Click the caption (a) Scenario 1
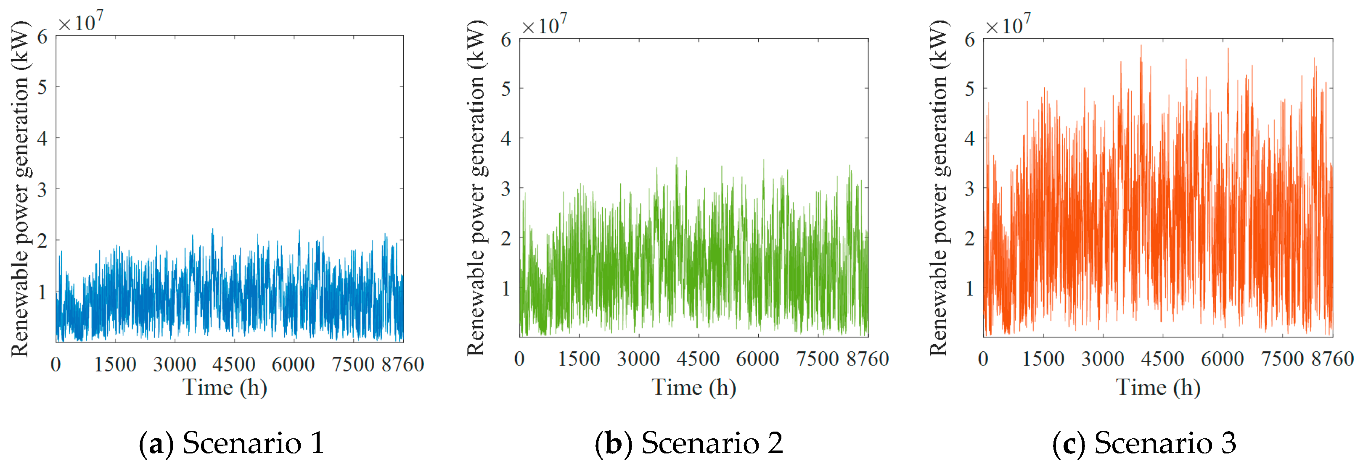pyautogui.click(x=232, y=443)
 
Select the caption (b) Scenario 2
pyautogui.click(x=688, y=443)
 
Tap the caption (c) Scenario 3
pyautogui.click(x=1144, y=443)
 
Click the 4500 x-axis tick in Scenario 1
pyautogui.click(x=234, y=364)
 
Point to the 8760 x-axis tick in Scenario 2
pyautogui.click(x=868, y=359)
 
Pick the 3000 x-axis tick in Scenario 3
pyautogui.click(x=1103, y=359)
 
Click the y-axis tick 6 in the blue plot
pyautogui.click(x=42, y=37)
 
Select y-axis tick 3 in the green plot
pyautogui.click(x=506, y=189)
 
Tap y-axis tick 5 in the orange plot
pyautogui.click(x=969, y=89)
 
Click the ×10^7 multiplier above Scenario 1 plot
pyautogui.click(x=81, y=22)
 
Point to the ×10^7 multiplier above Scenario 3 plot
pyautogui.click(x=1008, y=25)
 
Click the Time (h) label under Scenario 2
pyautogui.click(x=693, y=387)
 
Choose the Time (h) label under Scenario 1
pyautogui.click(x=225, y=387)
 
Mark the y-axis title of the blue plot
pyautogui.click(x=20, y=188)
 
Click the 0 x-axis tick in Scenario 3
pyautogui.click(x=983, y=359)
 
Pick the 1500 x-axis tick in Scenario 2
pyautogui.click(x=579, y=359)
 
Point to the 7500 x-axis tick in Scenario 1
pyautogui.click(x=353, y=364)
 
